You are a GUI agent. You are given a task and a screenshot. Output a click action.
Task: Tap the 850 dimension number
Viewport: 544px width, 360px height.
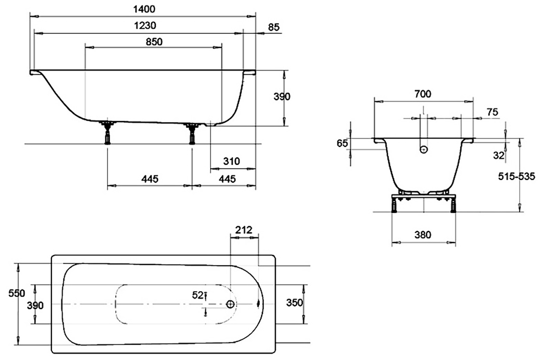154,41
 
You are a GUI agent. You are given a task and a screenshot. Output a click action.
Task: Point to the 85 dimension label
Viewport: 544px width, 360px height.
274,27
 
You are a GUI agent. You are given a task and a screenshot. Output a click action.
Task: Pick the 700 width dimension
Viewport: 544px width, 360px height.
423,94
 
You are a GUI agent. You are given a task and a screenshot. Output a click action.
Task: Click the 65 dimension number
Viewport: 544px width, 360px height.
342,144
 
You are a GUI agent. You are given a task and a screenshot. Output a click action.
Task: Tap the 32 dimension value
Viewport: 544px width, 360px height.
499,155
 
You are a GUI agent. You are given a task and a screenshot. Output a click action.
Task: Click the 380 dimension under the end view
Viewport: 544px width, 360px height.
423,234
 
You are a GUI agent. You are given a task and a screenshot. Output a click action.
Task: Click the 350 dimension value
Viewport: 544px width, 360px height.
294,302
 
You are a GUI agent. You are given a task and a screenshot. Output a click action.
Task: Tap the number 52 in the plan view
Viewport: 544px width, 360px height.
198,295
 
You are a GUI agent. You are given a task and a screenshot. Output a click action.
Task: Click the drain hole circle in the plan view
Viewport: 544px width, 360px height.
231,304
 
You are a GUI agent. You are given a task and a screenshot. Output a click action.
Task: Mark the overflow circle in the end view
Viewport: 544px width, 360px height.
424,150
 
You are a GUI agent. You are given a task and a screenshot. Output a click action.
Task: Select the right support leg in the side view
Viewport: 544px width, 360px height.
193,133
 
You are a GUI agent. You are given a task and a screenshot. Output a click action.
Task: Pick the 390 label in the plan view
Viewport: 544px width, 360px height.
35,306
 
